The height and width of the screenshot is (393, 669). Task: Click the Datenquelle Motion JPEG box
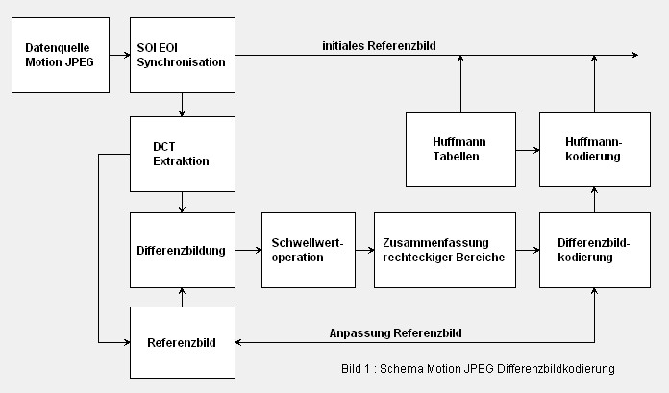tap(62, 55)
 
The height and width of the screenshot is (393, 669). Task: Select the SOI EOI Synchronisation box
tap(183, 55)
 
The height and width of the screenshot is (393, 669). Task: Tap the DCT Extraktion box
tap(183, 154)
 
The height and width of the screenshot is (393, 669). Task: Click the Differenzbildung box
tap(183, 250)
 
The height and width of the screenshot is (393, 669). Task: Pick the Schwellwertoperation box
tap(308, 250)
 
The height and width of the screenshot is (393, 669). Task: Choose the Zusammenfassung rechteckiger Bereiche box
tap(443, 250)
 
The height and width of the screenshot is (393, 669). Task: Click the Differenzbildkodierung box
tap(594, 250)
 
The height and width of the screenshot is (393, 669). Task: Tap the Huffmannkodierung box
tap(594, 149)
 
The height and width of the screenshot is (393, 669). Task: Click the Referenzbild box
tap(183, 342)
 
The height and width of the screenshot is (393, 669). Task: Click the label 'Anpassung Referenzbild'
tap(396, 332)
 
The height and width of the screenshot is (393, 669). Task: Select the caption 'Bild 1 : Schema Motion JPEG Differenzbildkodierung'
tap(477, 369)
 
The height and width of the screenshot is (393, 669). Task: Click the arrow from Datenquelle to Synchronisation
tap(120, 56)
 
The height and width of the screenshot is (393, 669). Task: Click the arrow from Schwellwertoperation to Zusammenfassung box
tap(363, 250)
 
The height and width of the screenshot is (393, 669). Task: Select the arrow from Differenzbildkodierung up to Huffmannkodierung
tap(594, 200)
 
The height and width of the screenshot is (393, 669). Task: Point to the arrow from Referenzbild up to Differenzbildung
tap(183, 297)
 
